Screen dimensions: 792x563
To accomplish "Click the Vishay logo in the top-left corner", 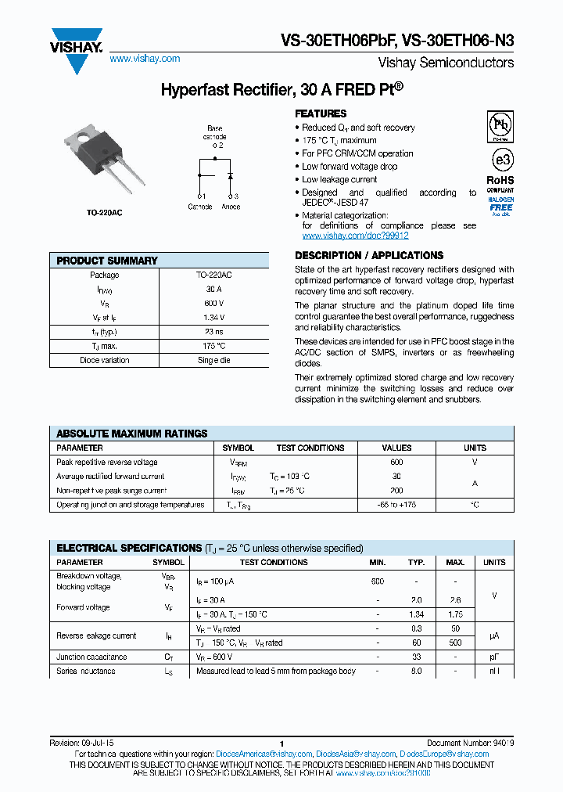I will [x=77, y=49].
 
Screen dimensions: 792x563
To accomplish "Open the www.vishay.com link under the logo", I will [x=145, y=59].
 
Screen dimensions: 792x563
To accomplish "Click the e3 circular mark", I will [x=500, y=160].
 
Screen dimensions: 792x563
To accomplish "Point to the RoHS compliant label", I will [x=500, y=184].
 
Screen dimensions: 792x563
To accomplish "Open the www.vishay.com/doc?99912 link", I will [x=355, y=236].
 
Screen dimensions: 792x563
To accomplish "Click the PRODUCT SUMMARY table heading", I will [x=107, y=261].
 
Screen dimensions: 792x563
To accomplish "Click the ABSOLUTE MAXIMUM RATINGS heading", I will [x=132, y=434].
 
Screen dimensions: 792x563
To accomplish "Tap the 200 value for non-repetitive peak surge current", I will [x=396, y=491].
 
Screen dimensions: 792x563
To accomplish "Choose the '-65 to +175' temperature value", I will [x=396, y=505].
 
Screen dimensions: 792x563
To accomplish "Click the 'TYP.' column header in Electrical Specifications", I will [x=416, y=563].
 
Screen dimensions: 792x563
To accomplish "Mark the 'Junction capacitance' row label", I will [x=91, y=657].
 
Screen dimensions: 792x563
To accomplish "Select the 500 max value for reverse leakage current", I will [x=455, y=643].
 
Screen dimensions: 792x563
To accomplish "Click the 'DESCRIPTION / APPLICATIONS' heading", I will [x=369, y=256].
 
